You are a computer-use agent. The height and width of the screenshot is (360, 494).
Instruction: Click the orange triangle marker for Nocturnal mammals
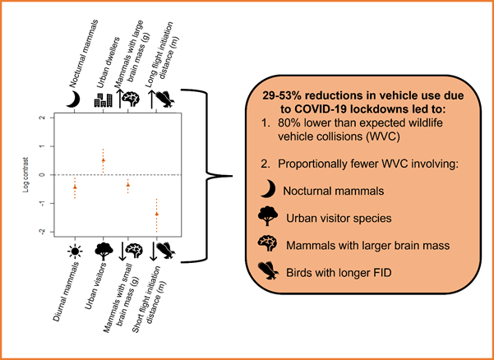(75, 187)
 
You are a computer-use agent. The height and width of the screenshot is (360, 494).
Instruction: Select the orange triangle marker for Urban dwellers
(103, 159)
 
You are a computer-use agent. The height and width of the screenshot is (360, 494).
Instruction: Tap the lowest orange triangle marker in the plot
(157, 213)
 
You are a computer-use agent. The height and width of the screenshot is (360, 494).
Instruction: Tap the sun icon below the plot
(75, 250)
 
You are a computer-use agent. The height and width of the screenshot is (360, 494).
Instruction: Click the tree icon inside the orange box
(266, 217)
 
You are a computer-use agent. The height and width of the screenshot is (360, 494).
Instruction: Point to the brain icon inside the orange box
(266, 243)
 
